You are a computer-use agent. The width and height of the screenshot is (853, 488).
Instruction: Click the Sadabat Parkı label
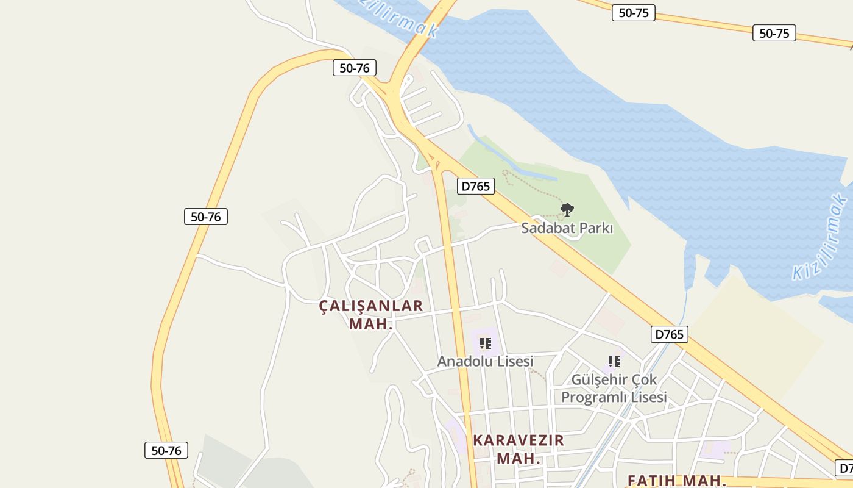pyautogui.click(x=567, y=229)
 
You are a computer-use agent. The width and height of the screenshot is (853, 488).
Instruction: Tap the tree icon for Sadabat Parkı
pyautogui.click(x=567, y=210)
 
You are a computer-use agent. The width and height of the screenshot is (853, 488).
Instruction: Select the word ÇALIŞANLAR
pyautogui.click(x=371, y=306)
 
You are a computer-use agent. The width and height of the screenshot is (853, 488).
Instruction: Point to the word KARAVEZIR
pyautogui.click(x=519, y=440)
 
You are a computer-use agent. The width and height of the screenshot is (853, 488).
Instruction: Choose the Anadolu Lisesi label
pyautogui.click(x=485, y=361)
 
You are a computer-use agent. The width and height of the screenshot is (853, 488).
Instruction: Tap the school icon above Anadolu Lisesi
pyautogui.click(x=485, y=343)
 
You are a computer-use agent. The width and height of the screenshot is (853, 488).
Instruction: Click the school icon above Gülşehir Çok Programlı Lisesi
pyautogui.click(x=614, y=362)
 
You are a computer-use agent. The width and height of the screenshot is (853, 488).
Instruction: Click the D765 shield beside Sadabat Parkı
pyautogui.click(x=476, y=186)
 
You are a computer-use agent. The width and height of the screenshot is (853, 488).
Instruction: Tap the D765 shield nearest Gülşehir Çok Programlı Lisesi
pyautogui.click(x=670, y=334)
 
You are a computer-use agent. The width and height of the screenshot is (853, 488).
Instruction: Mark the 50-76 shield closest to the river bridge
pyautogui.click(x=354, y=68)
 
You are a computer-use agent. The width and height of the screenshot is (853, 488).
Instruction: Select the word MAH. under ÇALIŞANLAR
pyautogui.click(x=370, y=324)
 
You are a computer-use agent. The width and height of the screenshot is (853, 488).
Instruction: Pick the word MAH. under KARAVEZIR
pyautogui.click(x=519, y=458)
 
